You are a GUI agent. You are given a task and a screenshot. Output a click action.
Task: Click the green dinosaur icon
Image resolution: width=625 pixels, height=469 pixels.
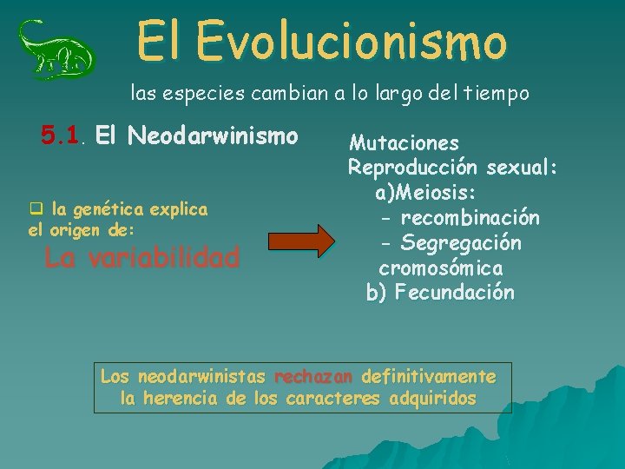(x=56, y=49)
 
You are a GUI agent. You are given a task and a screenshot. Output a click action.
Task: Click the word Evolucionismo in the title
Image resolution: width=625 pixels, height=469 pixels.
(x=351, y=41)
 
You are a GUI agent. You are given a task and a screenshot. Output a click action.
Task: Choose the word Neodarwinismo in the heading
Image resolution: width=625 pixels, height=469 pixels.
(x=212, y=135)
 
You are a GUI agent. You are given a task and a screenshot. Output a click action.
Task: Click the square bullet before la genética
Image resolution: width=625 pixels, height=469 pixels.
(x=36, y=209)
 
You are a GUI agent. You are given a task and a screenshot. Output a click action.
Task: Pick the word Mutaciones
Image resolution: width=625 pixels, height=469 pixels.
(x=405, y=142)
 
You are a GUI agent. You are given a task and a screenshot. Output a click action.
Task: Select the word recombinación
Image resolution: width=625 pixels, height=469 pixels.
(x=470, y=217)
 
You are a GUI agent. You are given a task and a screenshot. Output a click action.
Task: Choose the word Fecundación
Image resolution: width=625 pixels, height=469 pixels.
(x=454, y=293)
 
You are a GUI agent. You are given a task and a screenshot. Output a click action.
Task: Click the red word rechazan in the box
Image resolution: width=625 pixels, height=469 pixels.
(x=313, y=377)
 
